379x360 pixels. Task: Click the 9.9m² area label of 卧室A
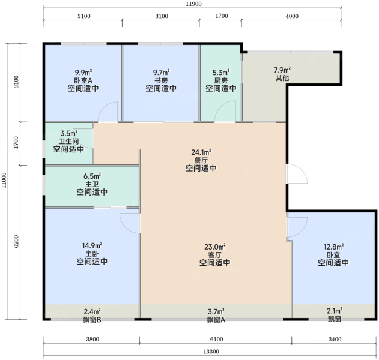click(83, 72)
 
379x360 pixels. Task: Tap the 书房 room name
click(161, 80)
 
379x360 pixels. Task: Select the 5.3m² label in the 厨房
click(221, 72)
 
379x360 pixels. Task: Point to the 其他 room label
click(282, 78)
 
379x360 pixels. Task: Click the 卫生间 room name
click(69, 141)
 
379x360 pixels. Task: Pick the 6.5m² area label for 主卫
click(92, 176)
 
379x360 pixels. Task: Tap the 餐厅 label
click(201, 160)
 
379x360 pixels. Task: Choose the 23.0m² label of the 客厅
click(215, 247)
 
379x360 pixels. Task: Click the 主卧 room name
click(92, 254)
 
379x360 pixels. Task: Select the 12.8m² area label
click(333, 247)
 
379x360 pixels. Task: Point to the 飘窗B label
click(92, 320)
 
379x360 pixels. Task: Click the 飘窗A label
click(216, 320)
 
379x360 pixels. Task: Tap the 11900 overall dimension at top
click(193, 4)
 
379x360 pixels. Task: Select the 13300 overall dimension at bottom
click(211, 352)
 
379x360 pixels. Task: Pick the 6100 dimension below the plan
click(216, 339)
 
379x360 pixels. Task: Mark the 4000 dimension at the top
click(292, 16)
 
